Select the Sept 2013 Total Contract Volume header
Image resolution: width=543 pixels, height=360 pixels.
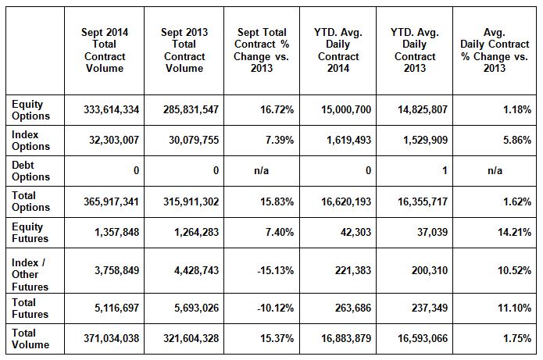pyautogui.click(x=184, y=50)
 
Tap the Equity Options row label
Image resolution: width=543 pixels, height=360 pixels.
pyautogui.click(x=31, y=110)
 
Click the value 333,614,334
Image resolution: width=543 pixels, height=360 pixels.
pyautogui.click(x=112, y=110)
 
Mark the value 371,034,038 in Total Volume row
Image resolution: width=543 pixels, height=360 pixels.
pyautogui.click(x=112, y=339)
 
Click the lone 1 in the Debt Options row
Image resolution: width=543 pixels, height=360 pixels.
pyautogui.click(x=445, y=170)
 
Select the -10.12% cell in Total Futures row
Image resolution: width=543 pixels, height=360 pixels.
pyautogui.click(x=276, y=308)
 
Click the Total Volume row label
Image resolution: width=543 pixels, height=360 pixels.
pyautogui.click(x=30, y=339)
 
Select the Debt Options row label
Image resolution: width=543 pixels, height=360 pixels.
pyautogui.click(x=31, y=170)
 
